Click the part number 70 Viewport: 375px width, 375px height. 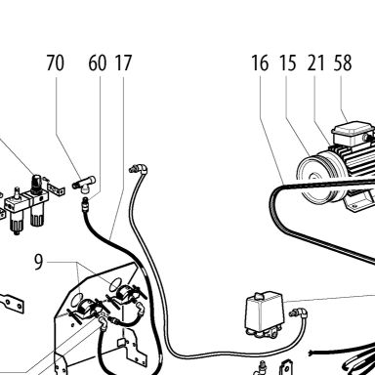55,62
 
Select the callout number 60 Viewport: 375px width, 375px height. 97,62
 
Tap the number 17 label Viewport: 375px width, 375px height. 123,62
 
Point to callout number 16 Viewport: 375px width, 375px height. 260,62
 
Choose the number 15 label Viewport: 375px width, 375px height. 288,62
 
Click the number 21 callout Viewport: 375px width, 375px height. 315,62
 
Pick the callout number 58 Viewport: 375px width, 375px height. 343,62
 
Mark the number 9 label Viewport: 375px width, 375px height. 39,263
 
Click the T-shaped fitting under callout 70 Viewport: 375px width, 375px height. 84,183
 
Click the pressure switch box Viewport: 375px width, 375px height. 264,313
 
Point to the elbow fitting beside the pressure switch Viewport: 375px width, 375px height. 299,313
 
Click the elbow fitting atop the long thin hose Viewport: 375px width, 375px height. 139,169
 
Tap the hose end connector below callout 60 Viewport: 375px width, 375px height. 85,203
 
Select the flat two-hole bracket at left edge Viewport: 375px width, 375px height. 12,303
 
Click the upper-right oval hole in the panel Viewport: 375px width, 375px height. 114,285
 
